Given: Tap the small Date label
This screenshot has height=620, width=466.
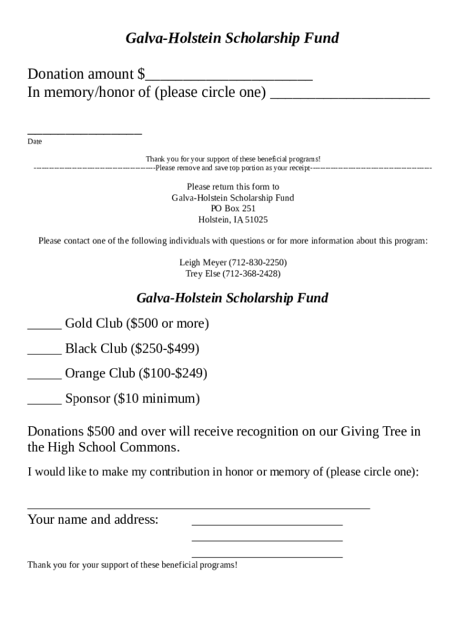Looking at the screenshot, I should pyautogui.click(x=34, y=142).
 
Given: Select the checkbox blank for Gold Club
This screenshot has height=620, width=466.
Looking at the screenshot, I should pyautogui.click(x=44, y=325).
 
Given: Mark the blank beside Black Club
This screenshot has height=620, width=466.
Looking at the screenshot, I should pyautogui.click(x=44, y=351).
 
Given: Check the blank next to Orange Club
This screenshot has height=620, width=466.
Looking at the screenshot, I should pyautogui.click(x=44, y=375).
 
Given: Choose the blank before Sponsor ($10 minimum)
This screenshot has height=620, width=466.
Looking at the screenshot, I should pyautogui.click(x=44, y=401).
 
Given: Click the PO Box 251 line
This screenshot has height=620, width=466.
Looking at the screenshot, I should pyautogui.click(x=233, y=209).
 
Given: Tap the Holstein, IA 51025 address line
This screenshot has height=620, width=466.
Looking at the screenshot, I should pyautogui.click(x=233, y=220).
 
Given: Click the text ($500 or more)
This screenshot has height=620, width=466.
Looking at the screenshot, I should pyautogui.click(x=167, y=324).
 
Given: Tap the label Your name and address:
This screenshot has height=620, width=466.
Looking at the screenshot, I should pyautogui.click(x=93, y=519).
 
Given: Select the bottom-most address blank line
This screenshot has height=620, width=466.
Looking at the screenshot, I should pyautogui.click(x=267, y=555).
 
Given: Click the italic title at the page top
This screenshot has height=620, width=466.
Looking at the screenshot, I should pyautogui.click(x=232, y=39).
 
